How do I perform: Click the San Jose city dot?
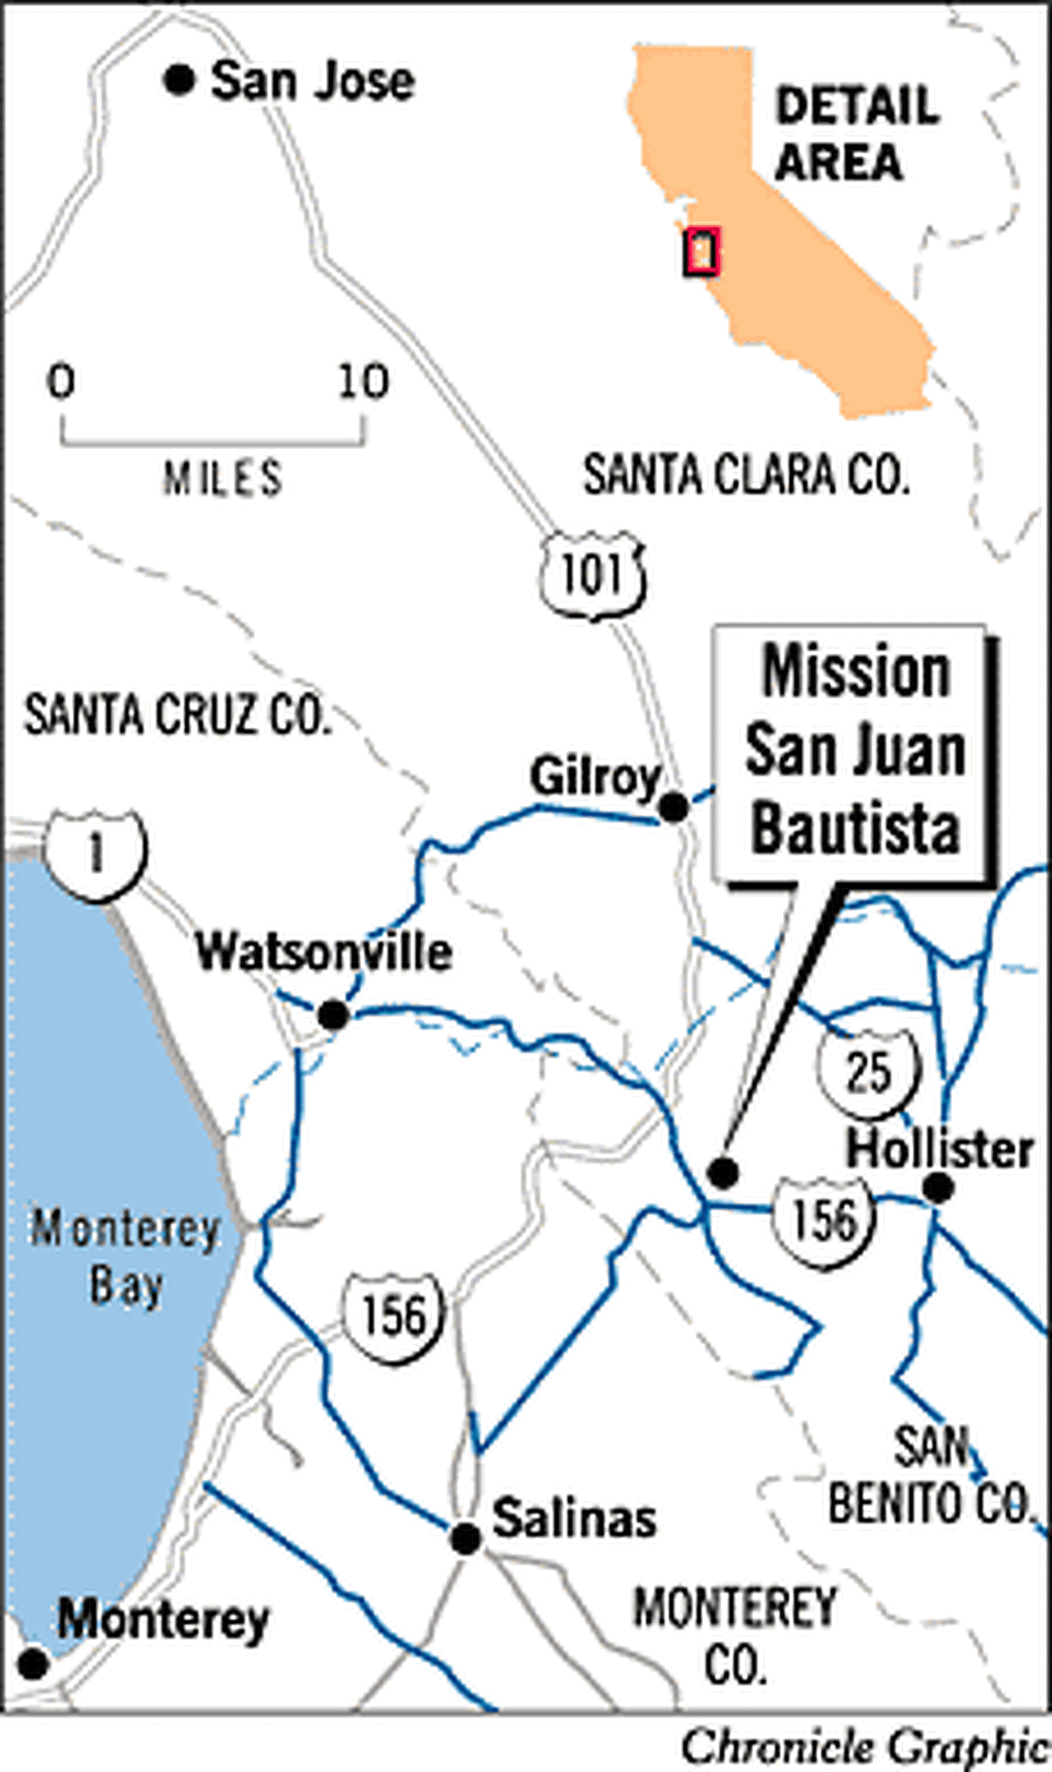tap(179, 81)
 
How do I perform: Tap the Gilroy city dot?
tap(672, 807)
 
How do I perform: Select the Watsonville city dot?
tap(333, 1015)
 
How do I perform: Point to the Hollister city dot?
tap(938, 1189)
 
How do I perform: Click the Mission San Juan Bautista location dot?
tap(723, 1172)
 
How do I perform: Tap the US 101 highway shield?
tap(593, 575)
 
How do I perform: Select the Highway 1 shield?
tap(96, 856)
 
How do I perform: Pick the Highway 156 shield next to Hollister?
tap(823, 1220)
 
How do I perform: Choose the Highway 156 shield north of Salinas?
tap(394, 1317)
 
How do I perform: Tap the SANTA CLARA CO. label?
tap(746, 476)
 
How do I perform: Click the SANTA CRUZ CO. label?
tap(177, 715)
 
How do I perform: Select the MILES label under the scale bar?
tap(223, 479)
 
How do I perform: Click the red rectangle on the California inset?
tap(702, 252)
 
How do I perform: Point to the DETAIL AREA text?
tap(855, 134)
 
